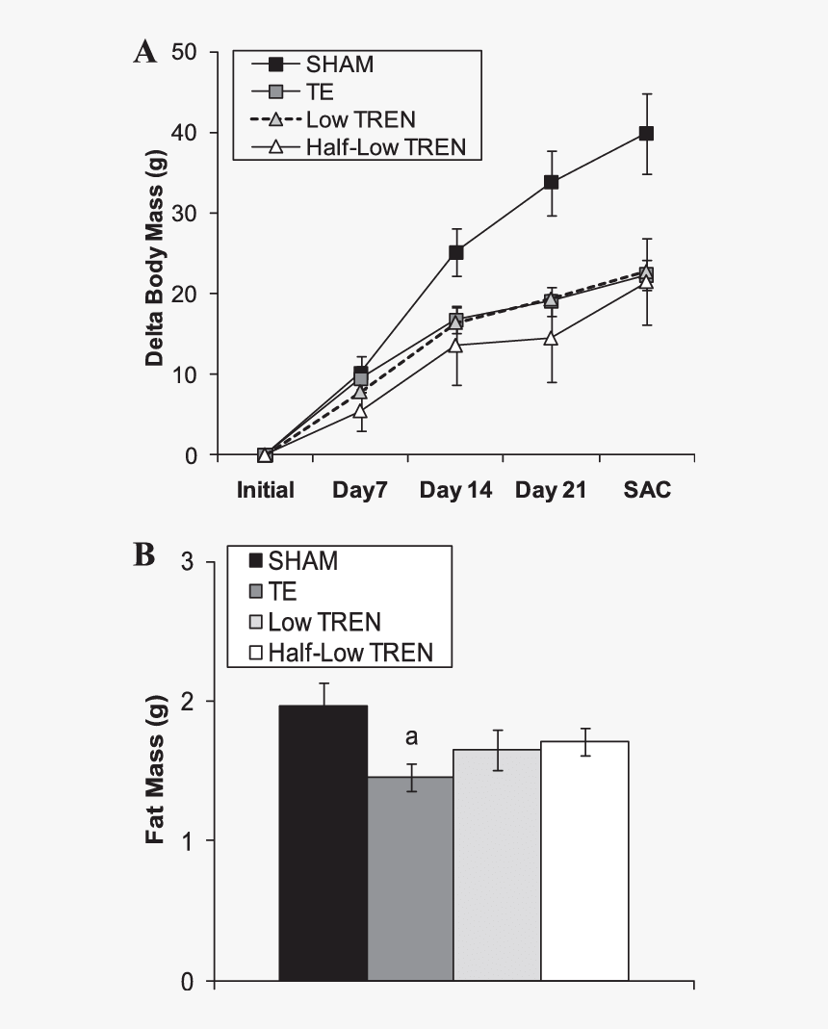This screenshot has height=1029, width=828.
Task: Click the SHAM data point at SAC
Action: [646, 134]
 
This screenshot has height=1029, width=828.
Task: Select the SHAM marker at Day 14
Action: [456, 252]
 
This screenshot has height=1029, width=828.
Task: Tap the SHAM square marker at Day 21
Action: [551, 182]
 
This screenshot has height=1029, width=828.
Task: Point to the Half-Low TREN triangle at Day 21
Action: [551, 338]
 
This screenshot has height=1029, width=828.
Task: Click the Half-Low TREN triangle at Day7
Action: [360, 411]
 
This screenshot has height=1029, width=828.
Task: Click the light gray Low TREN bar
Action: [497, 865]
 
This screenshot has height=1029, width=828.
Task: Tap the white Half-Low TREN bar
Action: [584, 862]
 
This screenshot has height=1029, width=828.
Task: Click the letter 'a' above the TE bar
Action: [411, 738]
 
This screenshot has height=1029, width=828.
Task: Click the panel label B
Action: [144, 555]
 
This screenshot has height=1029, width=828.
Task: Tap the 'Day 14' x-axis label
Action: [455, 491]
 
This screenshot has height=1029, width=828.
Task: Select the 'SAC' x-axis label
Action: [646, 491]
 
